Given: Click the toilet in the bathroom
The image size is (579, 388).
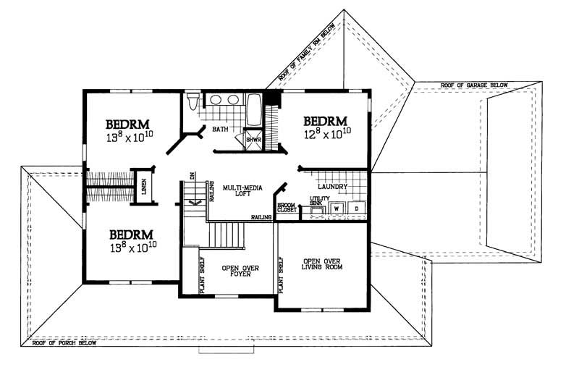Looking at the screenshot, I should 192,102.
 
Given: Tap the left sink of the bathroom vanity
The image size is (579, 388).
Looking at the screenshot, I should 215,100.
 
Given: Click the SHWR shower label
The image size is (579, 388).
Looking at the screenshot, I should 253,139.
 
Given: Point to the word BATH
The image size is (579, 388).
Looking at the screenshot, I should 220,130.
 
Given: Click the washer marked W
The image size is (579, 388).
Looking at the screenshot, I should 337,208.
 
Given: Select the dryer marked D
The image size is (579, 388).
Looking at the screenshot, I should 357,208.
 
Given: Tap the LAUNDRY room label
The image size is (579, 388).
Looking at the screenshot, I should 333,186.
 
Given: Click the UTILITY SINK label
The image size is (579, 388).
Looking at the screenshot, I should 319,201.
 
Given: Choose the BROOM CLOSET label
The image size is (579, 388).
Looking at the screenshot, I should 286,208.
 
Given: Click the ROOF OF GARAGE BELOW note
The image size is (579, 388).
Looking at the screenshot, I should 474,85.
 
